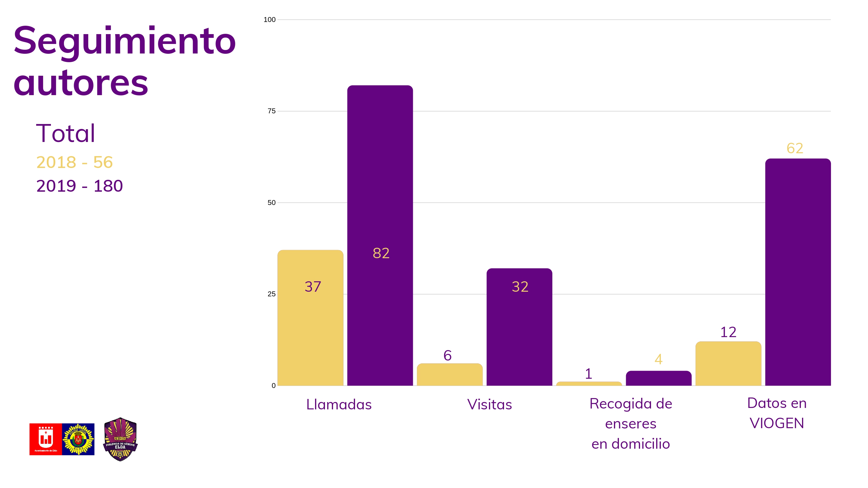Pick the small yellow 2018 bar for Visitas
pyautogui.click(x=450, y=374)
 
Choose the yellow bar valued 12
pyautogui.click(x=728, y=364)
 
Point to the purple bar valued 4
pyautogui.click(x=659, y=378)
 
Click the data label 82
pyautogui.click(x=381, y=253)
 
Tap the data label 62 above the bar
pyautogui.click(x=795, y=149)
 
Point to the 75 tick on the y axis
pyautogui.click(x=271, y=111)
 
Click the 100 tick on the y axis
pyautogui.click(x=269, y=20)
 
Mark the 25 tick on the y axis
pyautogui.click(x=271, y=294)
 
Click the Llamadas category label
pyautogui.click(x=339, y=404)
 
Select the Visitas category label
pyautogui.click(x=489, y=404)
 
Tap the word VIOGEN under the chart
pyautogui.click(x=777, y=423)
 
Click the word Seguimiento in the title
pyautogui.click(x=124, y=41)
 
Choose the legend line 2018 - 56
pyautogui.click(x=74, y=162)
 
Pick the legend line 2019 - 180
pyautogui.click(x=80, y=186)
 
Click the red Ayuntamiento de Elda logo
pyautogui.click(x=45, y=439)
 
